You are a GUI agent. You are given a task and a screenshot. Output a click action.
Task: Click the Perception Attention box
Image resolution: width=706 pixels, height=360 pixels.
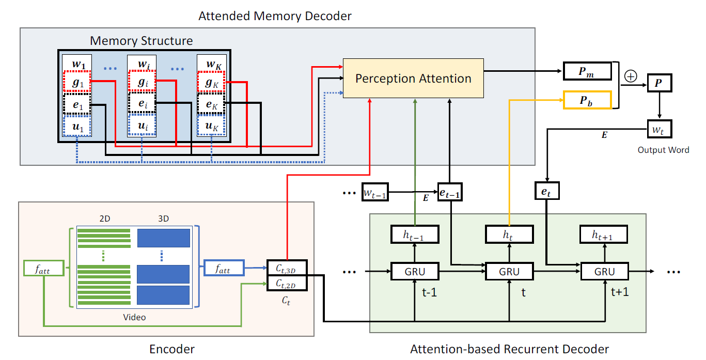point(413,79)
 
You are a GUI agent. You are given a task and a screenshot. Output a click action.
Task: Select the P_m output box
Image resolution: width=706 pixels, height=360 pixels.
point(587,72)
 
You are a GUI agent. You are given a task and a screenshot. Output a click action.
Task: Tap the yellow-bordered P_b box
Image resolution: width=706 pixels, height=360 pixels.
point(587,100)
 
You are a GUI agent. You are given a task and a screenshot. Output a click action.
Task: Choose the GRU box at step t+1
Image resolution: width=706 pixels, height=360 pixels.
point(604,271)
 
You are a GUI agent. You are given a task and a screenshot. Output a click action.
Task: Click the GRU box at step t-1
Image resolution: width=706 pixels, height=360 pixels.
point(415,271)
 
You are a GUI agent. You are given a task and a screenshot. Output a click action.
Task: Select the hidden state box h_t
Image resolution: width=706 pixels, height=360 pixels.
point(509,234)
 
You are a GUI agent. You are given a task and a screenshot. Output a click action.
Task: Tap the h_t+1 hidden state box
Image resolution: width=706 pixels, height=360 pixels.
point(604,234)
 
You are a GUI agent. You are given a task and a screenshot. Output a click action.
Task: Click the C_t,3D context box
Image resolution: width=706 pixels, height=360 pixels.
point(287,268)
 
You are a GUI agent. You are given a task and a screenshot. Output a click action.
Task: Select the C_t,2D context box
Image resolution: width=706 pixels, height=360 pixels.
point(287,284)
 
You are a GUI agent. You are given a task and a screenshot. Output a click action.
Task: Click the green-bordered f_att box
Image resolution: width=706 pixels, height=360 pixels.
point(44,268)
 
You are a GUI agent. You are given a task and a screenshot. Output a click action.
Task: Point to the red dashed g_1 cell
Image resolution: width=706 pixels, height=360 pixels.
point(77,82)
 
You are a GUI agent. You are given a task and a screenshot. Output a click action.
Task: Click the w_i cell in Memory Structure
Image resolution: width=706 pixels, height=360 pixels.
point(142,64)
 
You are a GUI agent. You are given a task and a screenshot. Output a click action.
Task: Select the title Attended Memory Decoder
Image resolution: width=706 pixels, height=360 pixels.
point(275,16)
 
